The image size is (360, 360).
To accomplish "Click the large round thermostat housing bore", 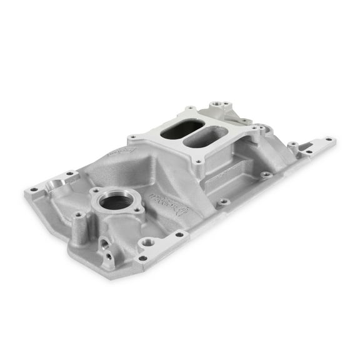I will [116, 202].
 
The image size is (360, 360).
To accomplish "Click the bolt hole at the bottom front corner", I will [143, 257].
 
